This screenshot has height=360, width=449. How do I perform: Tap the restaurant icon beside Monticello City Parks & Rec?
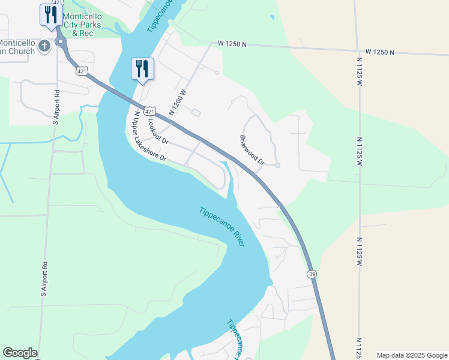51,14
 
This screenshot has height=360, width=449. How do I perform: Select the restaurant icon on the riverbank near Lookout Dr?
142,68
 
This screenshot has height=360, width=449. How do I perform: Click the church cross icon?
44,46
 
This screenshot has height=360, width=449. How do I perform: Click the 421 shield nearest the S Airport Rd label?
82,71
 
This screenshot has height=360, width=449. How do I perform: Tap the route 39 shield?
312,274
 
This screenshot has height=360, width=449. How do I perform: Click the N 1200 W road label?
179,103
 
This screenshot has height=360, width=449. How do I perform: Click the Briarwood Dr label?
253,149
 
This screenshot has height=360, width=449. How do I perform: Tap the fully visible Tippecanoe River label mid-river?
221,227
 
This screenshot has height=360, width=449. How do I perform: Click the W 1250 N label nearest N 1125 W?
375,52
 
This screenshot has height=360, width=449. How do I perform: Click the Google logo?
20,353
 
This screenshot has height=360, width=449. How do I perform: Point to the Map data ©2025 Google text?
412,355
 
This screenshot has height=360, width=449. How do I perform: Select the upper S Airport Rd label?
56,107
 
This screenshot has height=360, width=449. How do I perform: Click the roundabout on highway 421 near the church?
61,42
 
